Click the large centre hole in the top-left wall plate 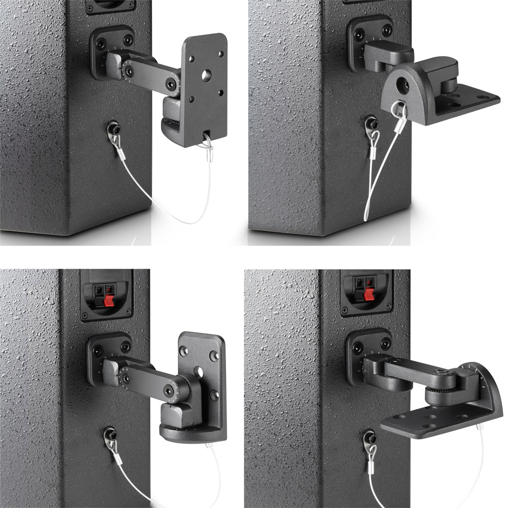(206, 75)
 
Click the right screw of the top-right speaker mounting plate (387, 30)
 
